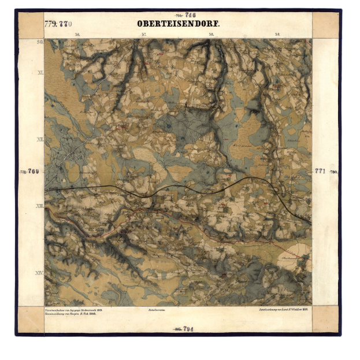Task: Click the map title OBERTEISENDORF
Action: (179, 24)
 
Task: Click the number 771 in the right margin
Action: (320, 171)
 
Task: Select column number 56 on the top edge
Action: (77, 35)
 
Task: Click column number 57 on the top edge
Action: (144, 35)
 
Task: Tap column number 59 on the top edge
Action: (277, 35)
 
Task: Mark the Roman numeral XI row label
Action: (40, 73)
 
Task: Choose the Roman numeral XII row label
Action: (40, 139)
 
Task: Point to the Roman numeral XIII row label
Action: (40, 206)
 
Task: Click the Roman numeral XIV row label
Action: (40, 272)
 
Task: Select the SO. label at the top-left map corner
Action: (40, 42)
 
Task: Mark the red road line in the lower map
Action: (191, 221)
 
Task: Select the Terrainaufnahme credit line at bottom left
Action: (73, 310)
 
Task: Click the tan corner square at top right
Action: (325, 25)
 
